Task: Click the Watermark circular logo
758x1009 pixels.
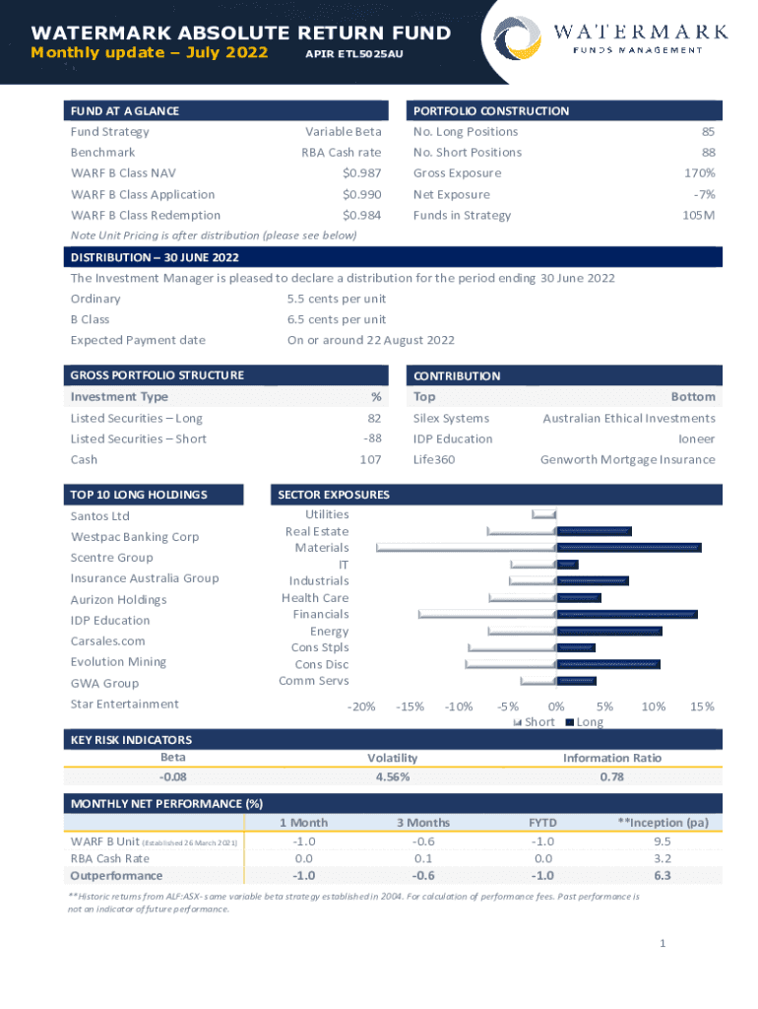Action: pos(517,39)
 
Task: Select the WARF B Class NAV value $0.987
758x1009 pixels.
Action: pos(361,173)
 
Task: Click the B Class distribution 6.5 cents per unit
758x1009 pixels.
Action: pos(336,319)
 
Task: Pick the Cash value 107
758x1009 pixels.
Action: pos(370,459)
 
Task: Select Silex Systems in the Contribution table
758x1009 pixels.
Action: pos(451,418)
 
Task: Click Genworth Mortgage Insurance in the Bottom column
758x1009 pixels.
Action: pos(627,459)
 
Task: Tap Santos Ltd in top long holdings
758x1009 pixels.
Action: pos(99,516)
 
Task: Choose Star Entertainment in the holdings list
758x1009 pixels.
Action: pos(124,704)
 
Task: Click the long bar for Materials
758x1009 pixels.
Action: pos(629,547)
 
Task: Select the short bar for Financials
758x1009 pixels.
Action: pos(487,614)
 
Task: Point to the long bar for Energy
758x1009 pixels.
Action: pos(609,631)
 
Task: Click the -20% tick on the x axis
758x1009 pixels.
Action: pos(361,706)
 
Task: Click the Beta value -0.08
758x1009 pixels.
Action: pos(172,776)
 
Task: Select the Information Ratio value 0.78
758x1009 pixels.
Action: pos(611,776)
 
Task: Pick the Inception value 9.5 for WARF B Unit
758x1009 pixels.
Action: pos(662,841)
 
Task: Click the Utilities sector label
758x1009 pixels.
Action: pos(327,514)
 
